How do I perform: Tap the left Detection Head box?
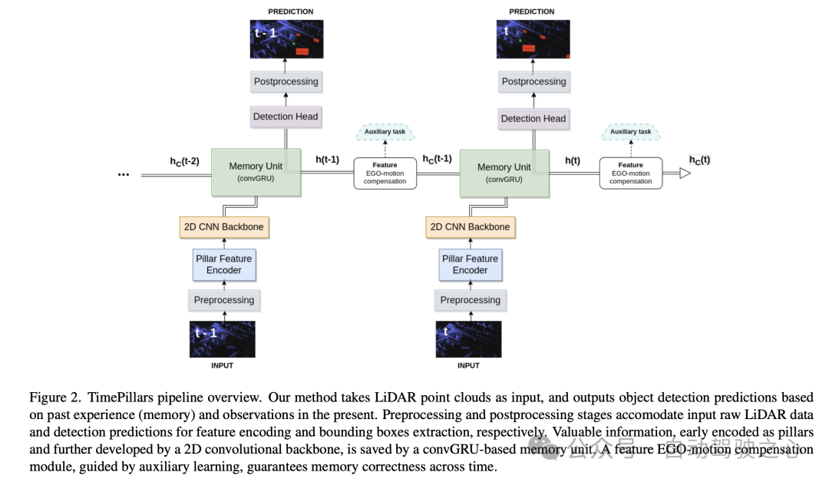pyautogui.click(x=285, y=117)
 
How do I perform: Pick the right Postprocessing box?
pyautogui.click(x=533, y=81)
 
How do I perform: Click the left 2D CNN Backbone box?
pyautogui.click(x=223, y=227)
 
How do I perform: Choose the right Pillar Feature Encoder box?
pyautogui.click(x=470, y=265)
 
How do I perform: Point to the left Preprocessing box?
pyautogui.click(x=223, y=300)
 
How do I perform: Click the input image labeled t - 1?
pyautogui.click(x=223, y=339)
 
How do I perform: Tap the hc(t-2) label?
pyautogui.click(x=184, y=161)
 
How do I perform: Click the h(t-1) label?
pyautogui.click(x=327, y=160)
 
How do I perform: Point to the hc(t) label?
pyautogui.click(x=699, y=160)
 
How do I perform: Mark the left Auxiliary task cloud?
pyautogui.click(x=385, y=132)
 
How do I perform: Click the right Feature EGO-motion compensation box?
pyautogui.click(x=630, y=173)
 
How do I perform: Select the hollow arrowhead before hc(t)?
pyautogui.click(x=685, y=174)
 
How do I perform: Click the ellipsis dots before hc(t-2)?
pyautogui.click(x=124, y=174)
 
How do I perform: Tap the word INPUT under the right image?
pyautogui.click(x=468, y=366)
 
